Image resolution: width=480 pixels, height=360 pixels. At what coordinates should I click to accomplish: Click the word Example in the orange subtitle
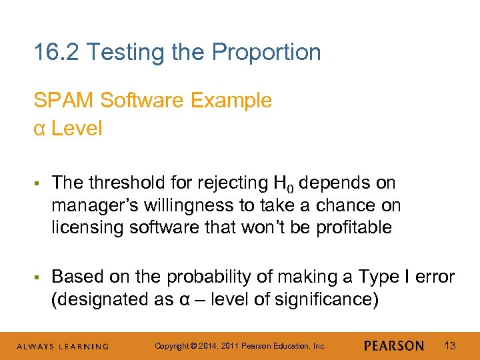pyautogui.click(x=231, y=101)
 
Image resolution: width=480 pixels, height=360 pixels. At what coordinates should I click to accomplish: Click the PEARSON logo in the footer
pyautogui.click(x=394, y=345)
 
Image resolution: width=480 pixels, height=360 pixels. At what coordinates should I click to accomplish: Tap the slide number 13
pyautogui.click(x=450, y=345)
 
